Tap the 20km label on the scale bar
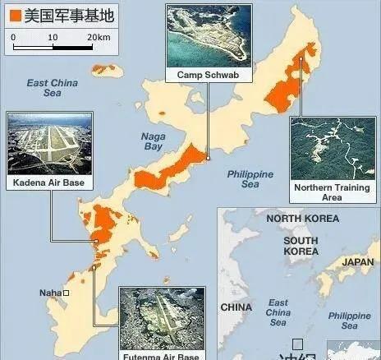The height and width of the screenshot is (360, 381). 98,38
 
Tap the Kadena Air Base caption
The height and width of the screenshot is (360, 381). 48,181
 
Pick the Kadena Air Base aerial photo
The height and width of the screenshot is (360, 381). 48,143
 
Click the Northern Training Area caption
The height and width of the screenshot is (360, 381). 332,192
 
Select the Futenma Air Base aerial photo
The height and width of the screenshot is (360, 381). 160,319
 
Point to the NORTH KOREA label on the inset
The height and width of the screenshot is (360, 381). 302,219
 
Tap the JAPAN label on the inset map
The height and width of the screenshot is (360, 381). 357,262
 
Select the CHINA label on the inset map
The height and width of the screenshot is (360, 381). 236,307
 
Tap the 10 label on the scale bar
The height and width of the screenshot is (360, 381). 52,38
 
